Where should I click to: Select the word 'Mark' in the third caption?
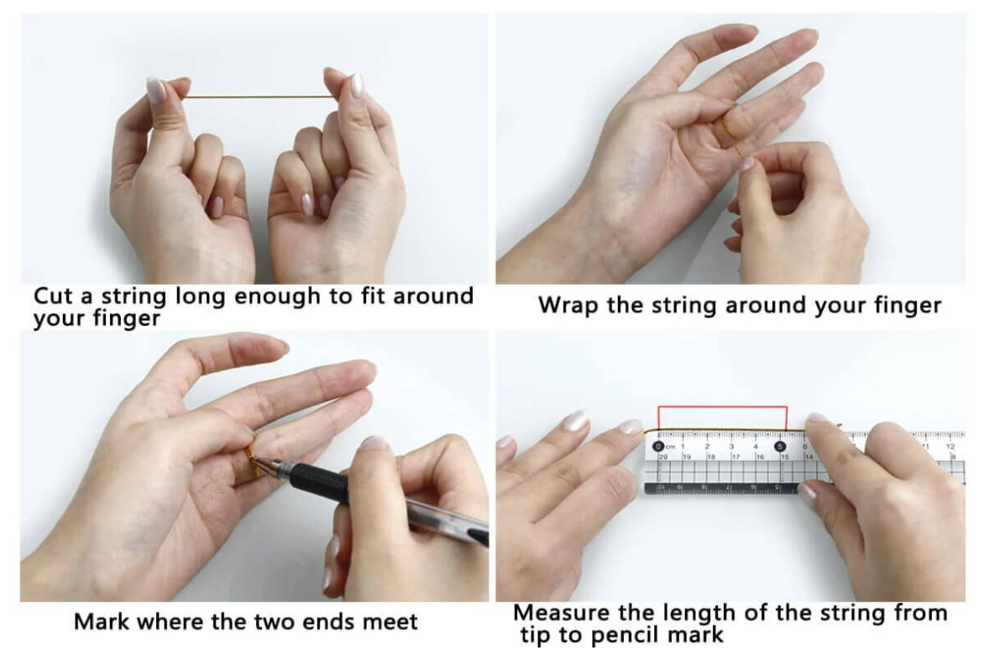[x=102, y=621]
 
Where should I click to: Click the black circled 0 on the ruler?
[x=658, y=447]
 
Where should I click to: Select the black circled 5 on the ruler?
[x=780, y=447]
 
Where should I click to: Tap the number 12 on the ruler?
[x=950, y=447]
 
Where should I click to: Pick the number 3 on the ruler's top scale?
[x=731, y=447]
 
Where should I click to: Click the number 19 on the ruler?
[x=686, y=456]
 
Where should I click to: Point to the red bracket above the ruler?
[x=722, y=407]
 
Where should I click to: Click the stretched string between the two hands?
[x=259, y=97]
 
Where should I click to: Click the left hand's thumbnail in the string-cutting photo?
[x=156, y=90]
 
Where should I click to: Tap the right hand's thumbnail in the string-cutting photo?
[x=357, y=85]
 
